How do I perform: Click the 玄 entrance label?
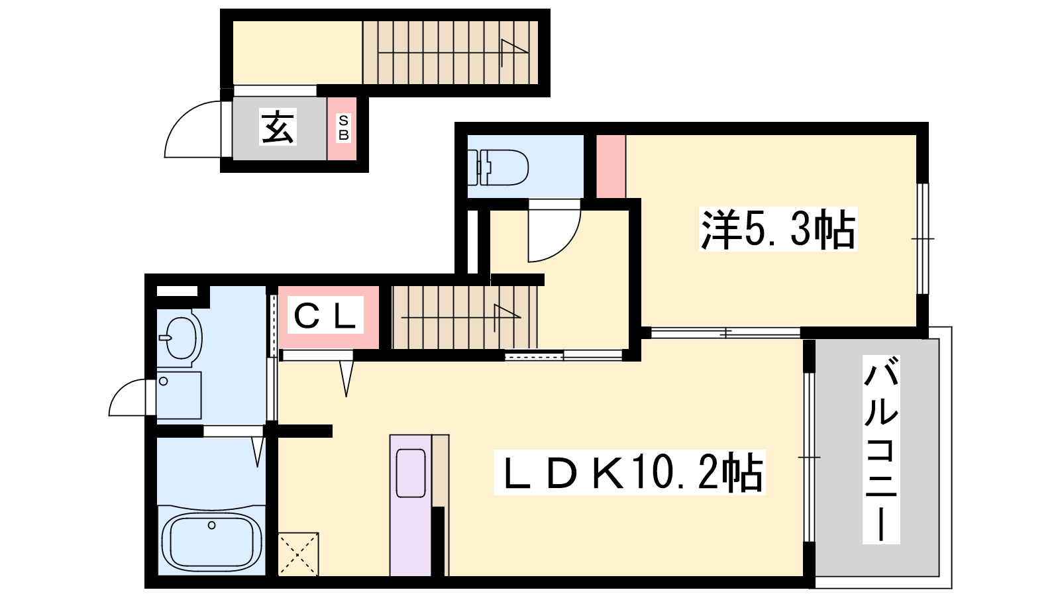click(x=278, y=126)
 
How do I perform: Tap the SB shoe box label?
click(x=344, y=128)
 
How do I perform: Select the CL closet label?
click(x=325, y=315)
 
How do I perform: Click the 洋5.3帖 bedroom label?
click(x=778, y=229)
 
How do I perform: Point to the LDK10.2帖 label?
click(x=629, y=473)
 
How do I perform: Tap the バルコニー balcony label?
click(x=881, y=450)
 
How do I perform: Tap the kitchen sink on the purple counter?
click(x=411, y=473)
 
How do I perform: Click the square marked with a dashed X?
click(x=298, y=554)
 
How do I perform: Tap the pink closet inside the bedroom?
click(x=611, y=166)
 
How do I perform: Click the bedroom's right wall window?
click(x=923, y=239)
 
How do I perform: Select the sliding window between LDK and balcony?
click(x=809, y=458)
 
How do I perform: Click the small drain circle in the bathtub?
click(x=211, y=525)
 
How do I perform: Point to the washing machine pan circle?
click(x=163, y=381)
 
